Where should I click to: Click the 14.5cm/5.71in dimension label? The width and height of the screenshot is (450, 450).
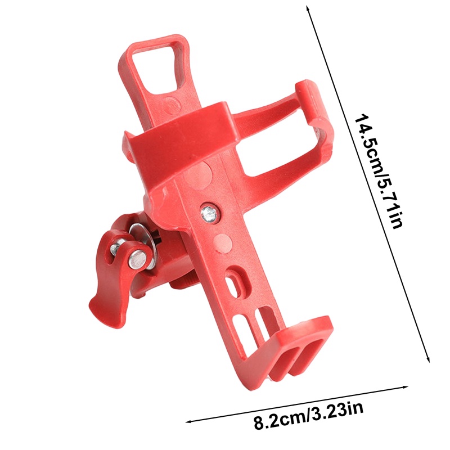click(x=377, y=172)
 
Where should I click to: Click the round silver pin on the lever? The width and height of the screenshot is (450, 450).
click(x=137, y=259)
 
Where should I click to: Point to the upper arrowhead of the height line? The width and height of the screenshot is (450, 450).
click(x=308, y=8)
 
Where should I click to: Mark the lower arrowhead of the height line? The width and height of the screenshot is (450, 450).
click(x=429, y=359)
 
